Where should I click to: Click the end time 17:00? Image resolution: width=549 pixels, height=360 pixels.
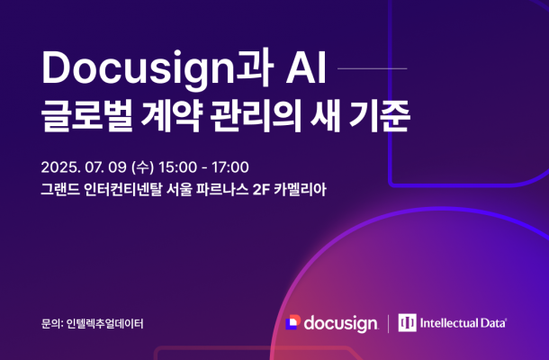(x=229, y=167)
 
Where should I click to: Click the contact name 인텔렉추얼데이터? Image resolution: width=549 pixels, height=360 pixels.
(x=105, y=322)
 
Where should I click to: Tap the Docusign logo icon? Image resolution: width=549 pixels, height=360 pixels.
(x=292, y=322)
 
